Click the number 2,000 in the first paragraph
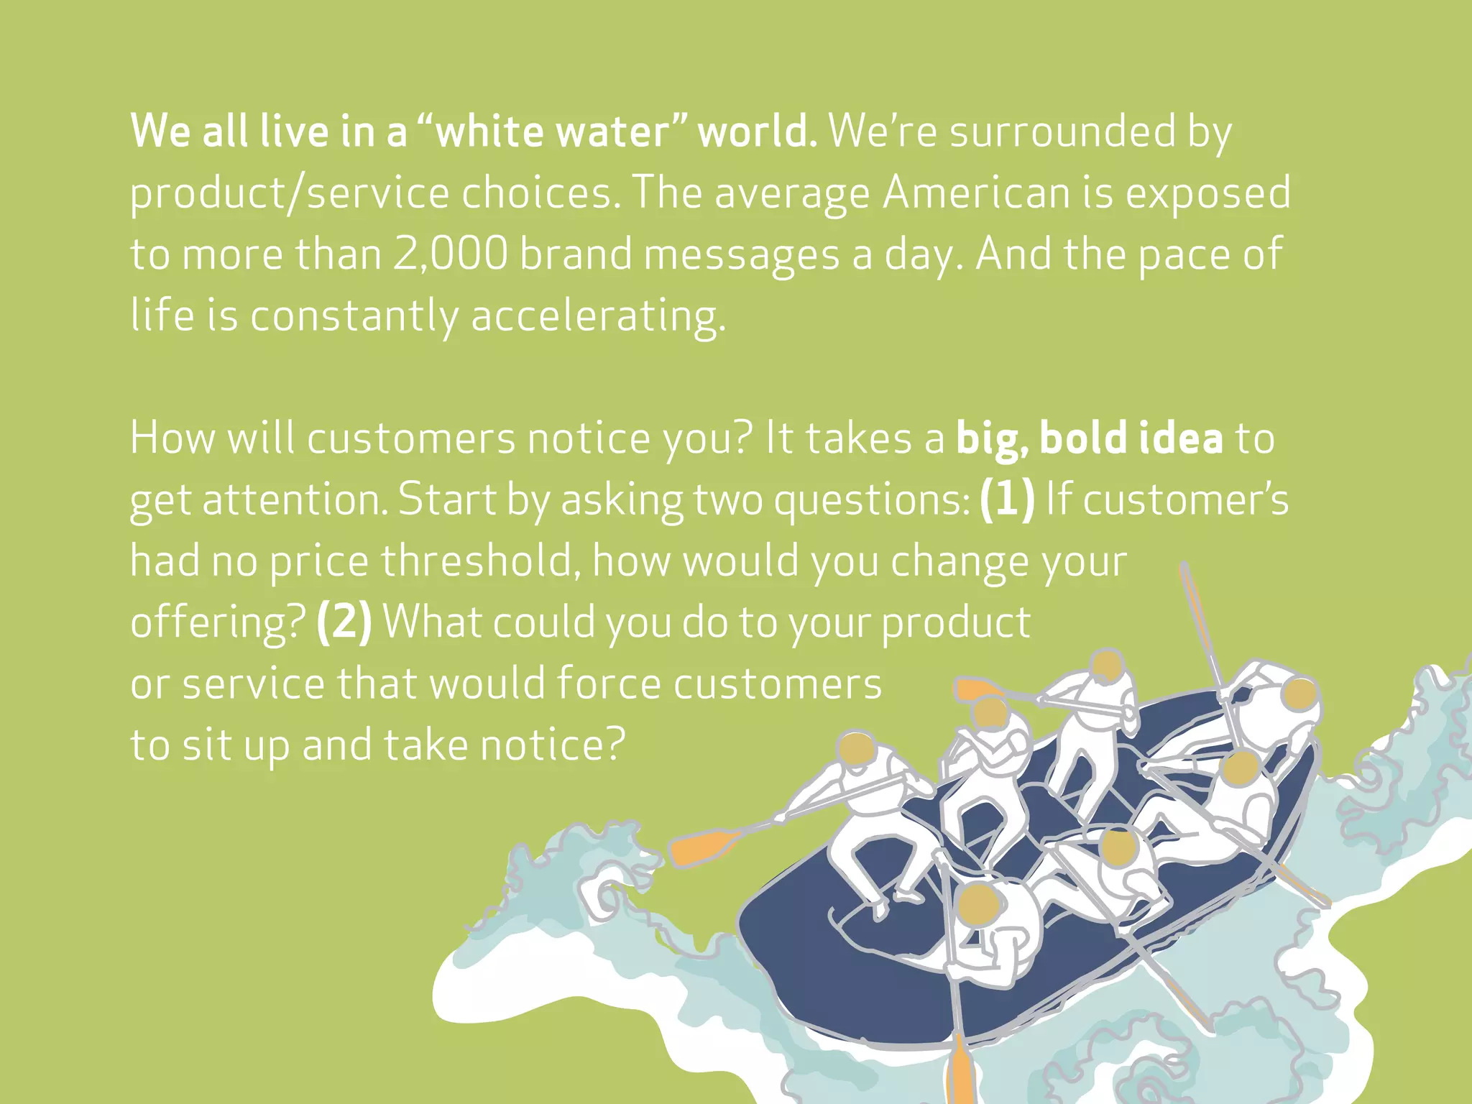pos(451,254)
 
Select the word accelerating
pos(598,316)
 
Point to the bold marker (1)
pos(1007,499)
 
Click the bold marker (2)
pos(344,622)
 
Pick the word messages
pos(742,254)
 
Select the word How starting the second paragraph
pos(172,438)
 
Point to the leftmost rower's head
pos(857,750)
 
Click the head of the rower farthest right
pos(1299,695)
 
